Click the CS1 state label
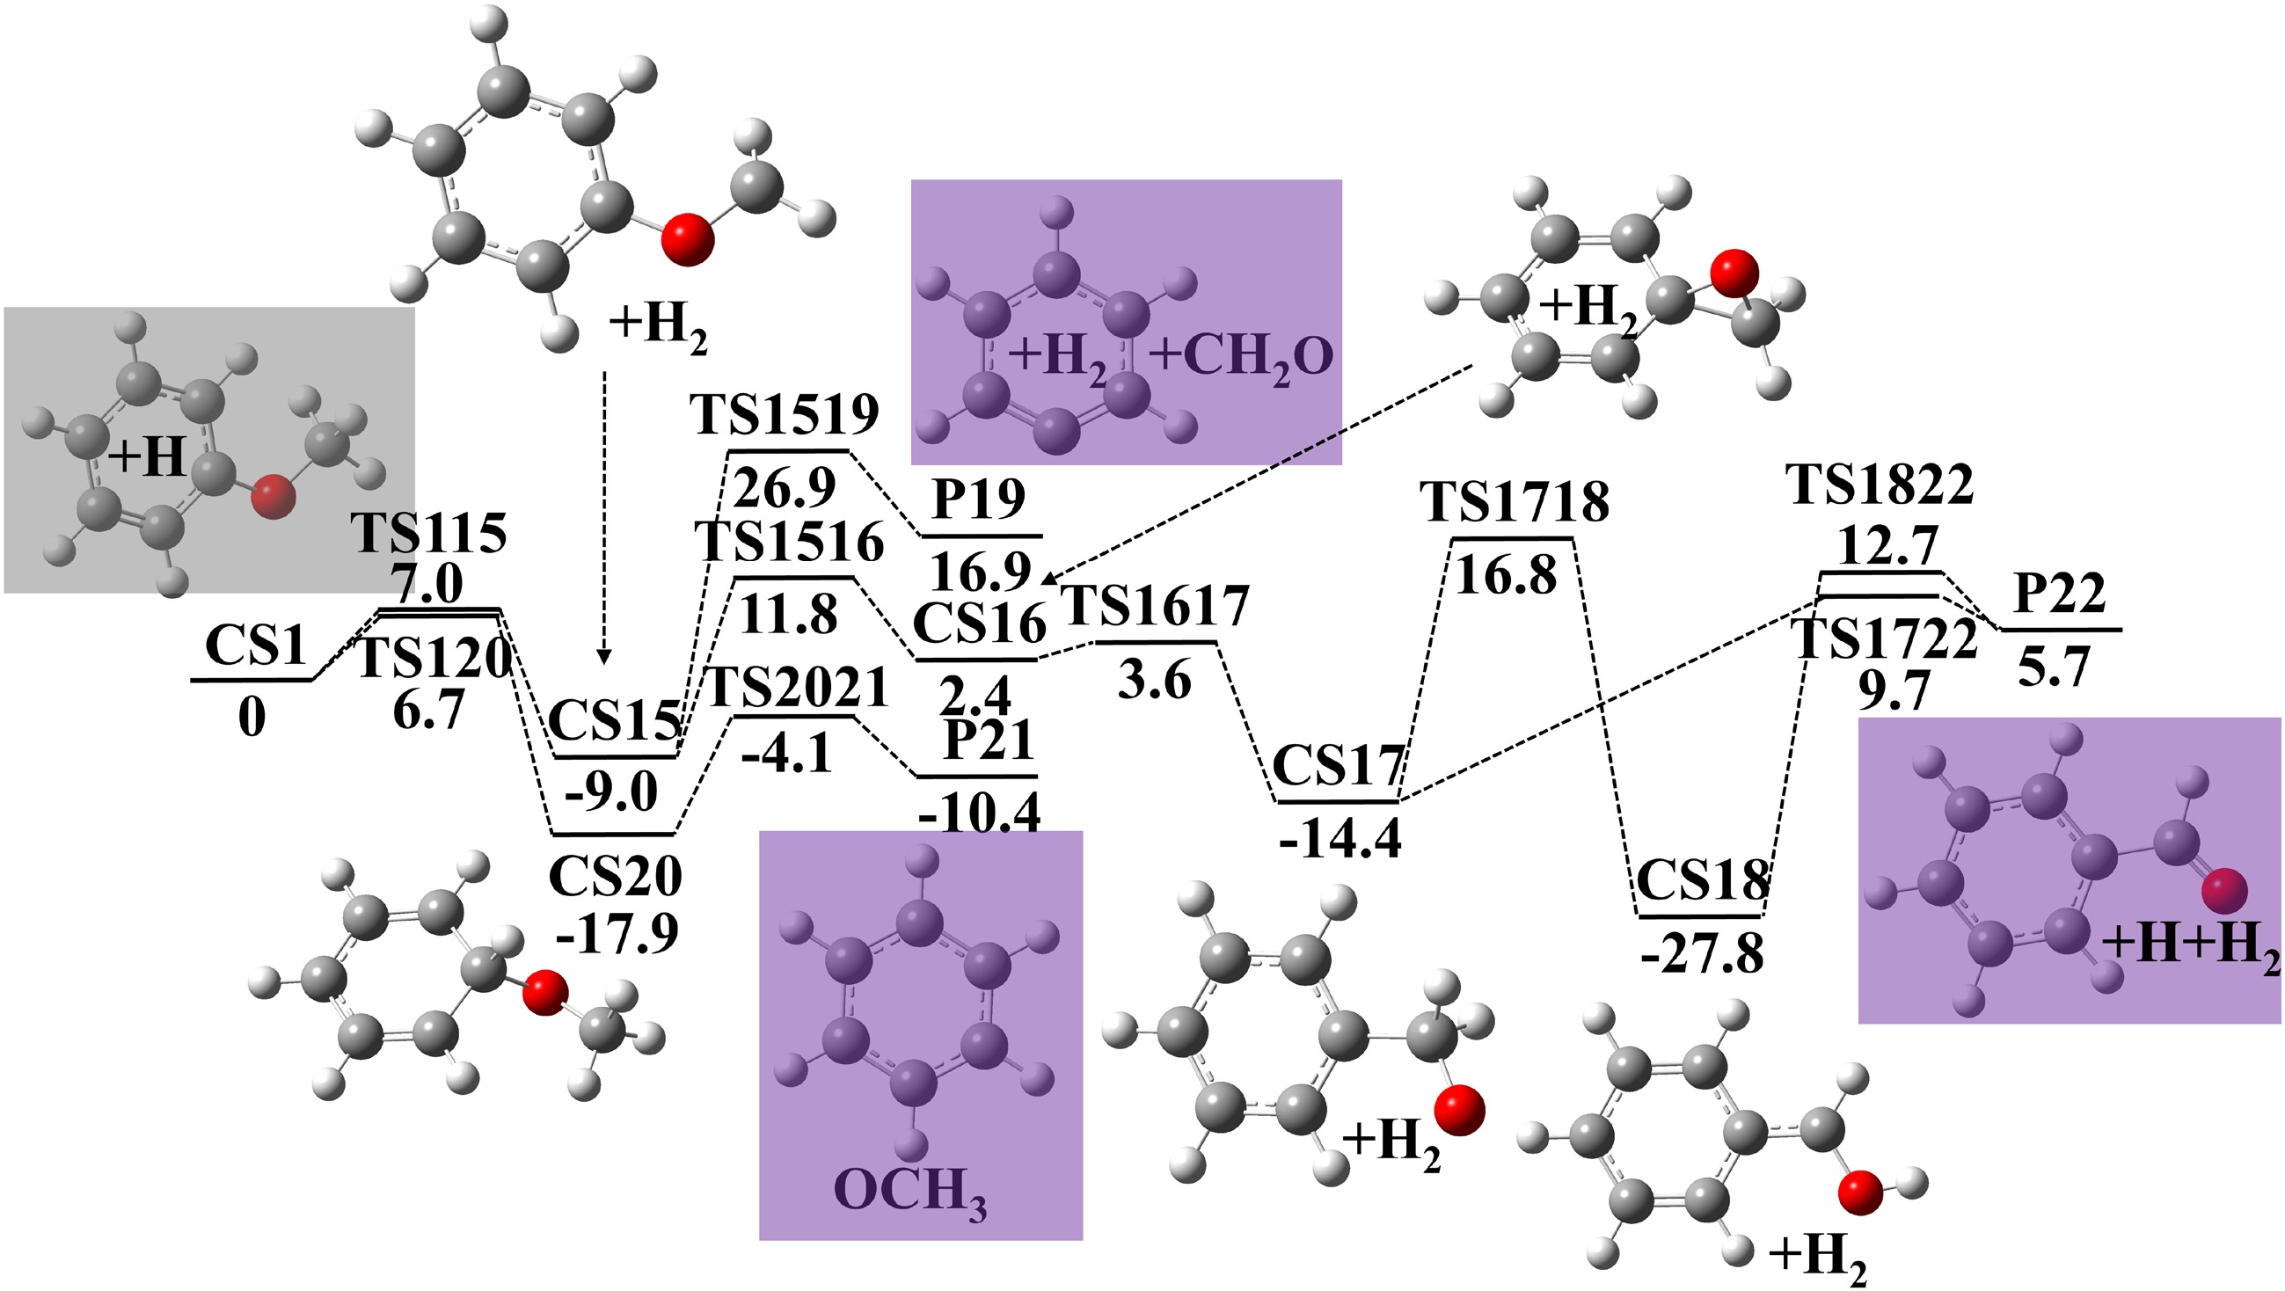(255, 645)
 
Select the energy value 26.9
(785, 486)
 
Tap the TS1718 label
(1515, 502)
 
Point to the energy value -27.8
(1701, 955)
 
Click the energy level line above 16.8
(1513, 538)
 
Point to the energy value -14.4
(1340, 837)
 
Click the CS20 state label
(615, 877)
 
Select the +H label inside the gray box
(147, 458)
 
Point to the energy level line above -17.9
(614, 835)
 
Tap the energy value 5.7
(2055, 667)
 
